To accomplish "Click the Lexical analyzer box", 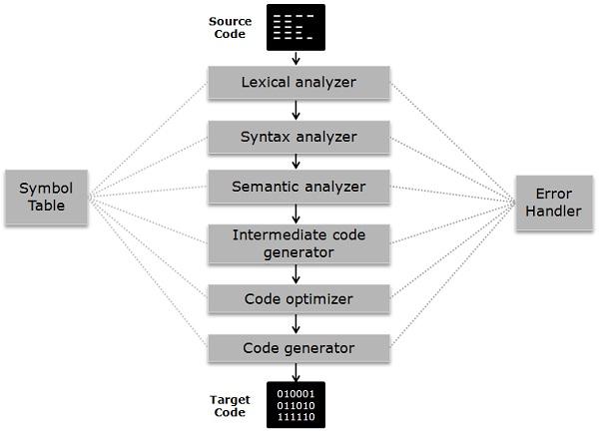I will (298, 82).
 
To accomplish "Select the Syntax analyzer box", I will (298, 135).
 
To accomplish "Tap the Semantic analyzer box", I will (298, 187).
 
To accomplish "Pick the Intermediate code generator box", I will (298, 244).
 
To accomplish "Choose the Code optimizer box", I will (298, 298).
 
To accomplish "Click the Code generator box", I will (298, 348).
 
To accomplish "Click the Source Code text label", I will (231, 27).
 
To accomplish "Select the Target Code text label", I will (231, 405).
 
